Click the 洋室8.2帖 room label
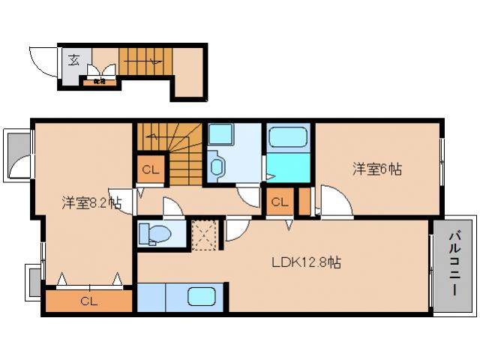coord(91,202)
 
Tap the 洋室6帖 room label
coord(377,169)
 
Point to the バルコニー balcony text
coord(454,262)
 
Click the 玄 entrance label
coord(75,60)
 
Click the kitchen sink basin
coord(202,297)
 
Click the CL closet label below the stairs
coord(150,169)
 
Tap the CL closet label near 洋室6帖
coord(280,202)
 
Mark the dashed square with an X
coord(203,233)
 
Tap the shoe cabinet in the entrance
coord(100,74)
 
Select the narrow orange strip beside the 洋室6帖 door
coord(304,201)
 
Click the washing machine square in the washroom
coord(222,136)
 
